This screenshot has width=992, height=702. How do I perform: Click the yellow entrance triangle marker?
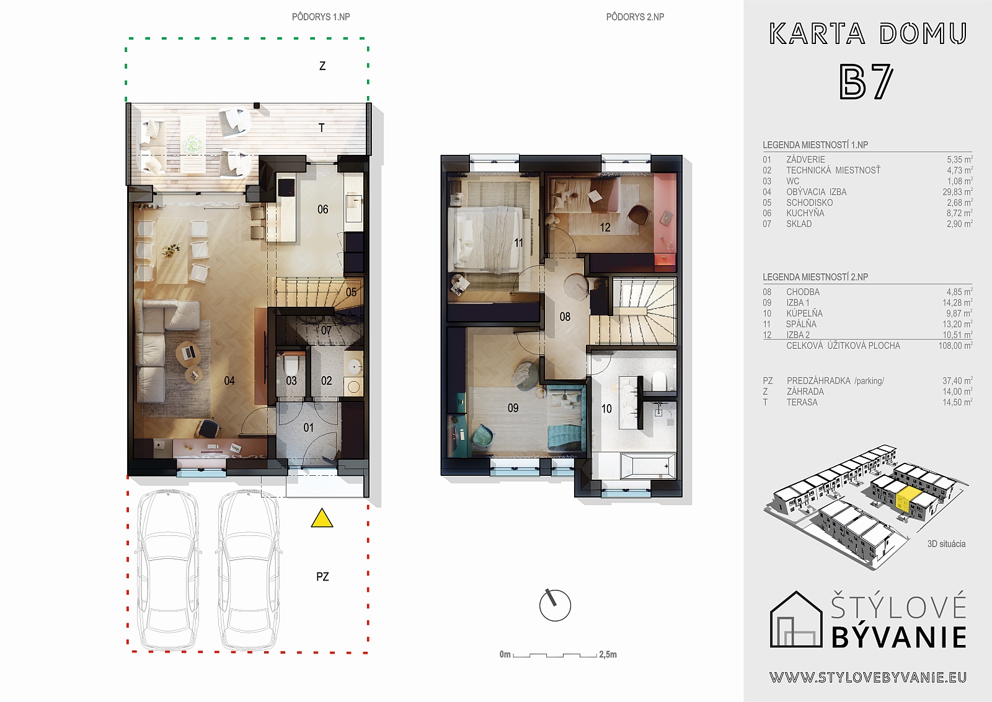[x=322, y=519]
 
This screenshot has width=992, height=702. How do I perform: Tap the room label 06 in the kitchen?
[x=323, y=209]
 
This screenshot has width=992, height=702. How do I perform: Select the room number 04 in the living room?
[x=229, y=380]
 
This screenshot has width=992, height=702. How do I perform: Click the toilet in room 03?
[x=291, y=365]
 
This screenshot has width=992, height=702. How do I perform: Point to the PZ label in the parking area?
[x=322, y=577]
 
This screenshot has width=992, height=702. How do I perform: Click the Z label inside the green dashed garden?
[x=322, y=66]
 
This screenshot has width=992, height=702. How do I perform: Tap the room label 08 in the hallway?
[x=565, y=317]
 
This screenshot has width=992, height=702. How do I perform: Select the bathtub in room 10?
[x=648, y=466]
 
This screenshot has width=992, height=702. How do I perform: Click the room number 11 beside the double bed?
[x=518, y=242]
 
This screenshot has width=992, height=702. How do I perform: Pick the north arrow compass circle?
[x=556, y=605]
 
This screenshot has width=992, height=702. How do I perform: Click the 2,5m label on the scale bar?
[x=608, y=654]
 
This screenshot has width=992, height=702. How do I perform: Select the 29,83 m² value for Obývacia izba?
[x=957, y=192]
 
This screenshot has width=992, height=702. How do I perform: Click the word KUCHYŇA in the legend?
[x=805, y=213]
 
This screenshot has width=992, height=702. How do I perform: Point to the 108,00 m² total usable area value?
[x=955, y=346]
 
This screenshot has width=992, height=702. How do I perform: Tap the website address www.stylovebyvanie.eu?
[x=868, y=678]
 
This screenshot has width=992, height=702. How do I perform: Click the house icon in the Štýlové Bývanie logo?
[x=796, y=619]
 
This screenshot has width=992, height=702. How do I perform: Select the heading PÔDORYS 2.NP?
[x=635, y=17]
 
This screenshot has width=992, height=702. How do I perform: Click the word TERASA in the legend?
[x=802, y=402]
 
